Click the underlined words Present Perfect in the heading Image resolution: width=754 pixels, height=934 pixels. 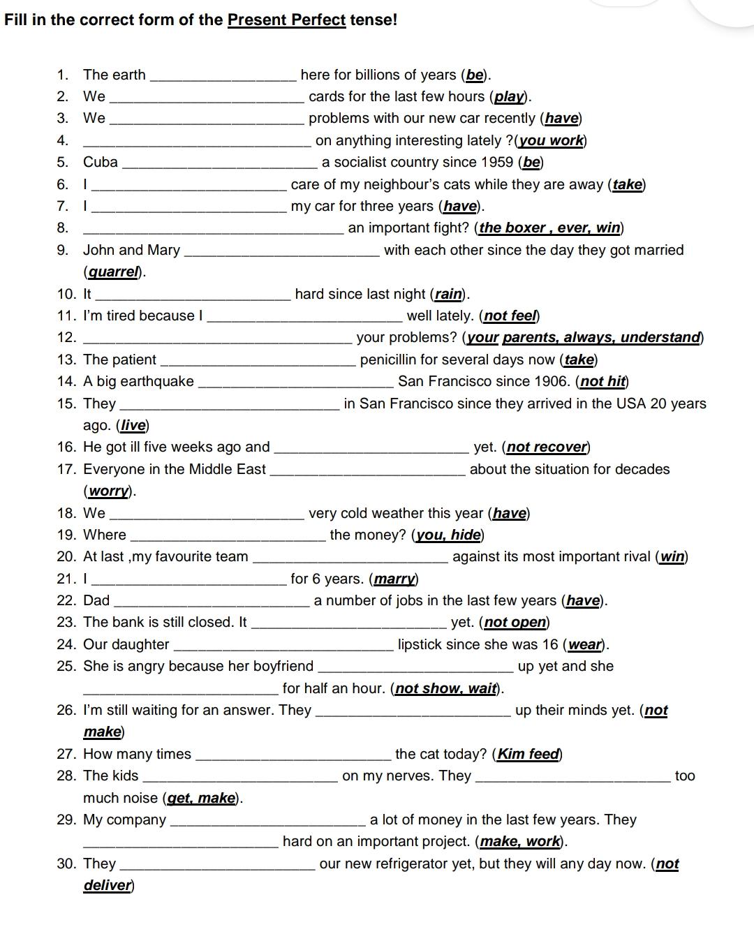point(286,20)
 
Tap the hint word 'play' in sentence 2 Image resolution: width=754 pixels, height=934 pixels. point(510,97)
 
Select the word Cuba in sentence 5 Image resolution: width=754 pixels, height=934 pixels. point(101,163)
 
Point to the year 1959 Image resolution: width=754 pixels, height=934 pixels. point(498,163)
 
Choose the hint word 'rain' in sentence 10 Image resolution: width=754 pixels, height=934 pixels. point(449,295)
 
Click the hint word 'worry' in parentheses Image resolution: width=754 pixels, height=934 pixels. point(109,491)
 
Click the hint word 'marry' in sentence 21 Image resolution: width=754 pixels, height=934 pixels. point(394,579)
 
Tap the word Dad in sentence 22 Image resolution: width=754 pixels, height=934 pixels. point(96,601)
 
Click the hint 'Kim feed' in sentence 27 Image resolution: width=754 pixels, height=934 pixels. point(528,755)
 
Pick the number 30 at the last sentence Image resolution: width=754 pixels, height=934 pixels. point(66,864)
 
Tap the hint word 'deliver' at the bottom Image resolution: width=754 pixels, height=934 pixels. point(108,886)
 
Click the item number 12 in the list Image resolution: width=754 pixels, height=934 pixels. point(66,338)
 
